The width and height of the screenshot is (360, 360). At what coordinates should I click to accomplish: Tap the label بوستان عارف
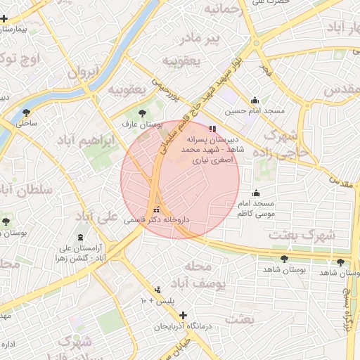(142, 124)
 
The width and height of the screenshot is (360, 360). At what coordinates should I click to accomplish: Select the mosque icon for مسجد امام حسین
(255, 101)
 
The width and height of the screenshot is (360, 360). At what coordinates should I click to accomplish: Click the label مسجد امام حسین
(255, 112)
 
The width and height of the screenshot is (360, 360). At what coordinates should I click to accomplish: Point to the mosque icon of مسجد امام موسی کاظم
(256, 193)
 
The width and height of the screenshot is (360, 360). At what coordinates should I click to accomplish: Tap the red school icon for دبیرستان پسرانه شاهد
(212, 129)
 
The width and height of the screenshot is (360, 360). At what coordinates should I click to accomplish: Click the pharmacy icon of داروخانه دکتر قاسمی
(156, 210)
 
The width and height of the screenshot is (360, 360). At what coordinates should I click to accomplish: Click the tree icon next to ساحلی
(27, 112)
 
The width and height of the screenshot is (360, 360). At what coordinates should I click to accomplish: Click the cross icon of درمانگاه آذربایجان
(184, 315)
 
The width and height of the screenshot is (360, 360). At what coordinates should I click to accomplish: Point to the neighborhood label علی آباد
(98, 216)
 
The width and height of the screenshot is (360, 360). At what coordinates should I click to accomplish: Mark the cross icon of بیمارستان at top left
(6, 31)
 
